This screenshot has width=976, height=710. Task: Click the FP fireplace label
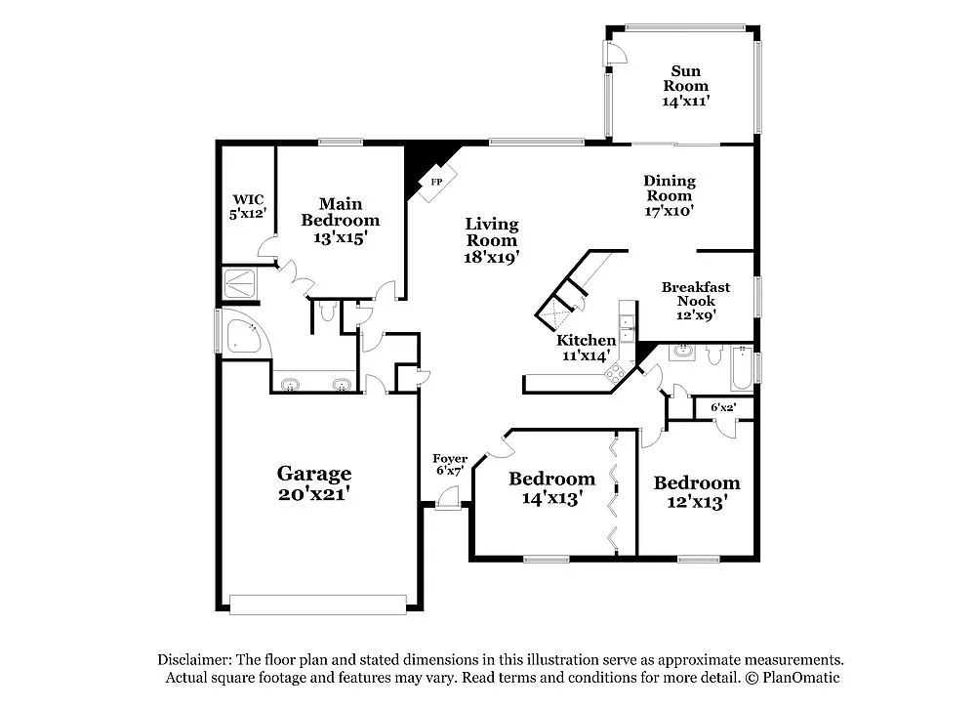[436, 183]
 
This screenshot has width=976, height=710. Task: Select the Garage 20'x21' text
[313, 483]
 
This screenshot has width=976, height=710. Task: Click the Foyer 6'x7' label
[450, 464]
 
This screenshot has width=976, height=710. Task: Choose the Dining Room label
[670, 194]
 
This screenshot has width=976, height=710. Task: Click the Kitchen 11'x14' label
[586, 348]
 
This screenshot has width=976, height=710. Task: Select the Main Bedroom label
[340, 220]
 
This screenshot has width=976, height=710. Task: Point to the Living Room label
[491, 240]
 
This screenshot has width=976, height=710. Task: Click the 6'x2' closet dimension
[722, 406]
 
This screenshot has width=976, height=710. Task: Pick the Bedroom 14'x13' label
[551, 487]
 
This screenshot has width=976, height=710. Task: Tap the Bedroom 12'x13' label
[697, 491]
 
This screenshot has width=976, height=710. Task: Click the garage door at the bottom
[317, 605]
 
